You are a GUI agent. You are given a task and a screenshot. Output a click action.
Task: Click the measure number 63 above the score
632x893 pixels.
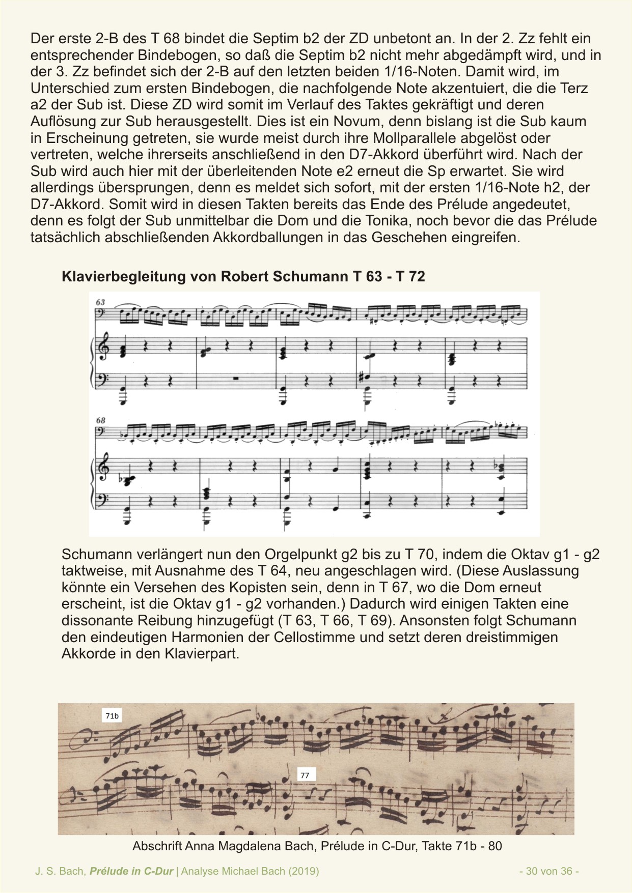pos(100,302)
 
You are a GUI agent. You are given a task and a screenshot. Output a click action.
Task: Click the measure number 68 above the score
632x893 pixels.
pos(100,420)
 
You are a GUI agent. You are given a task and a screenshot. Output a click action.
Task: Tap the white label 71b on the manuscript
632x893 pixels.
pos(112,716)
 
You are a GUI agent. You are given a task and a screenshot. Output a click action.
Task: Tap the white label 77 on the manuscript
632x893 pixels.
pos(305,775)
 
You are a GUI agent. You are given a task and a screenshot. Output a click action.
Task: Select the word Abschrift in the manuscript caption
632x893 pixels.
pos(157,846)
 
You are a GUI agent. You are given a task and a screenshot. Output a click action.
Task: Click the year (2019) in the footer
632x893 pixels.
pos(304,871)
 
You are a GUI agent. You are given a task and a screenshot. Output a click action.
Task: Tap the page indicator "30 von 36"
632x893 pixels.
pos(549,871)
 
